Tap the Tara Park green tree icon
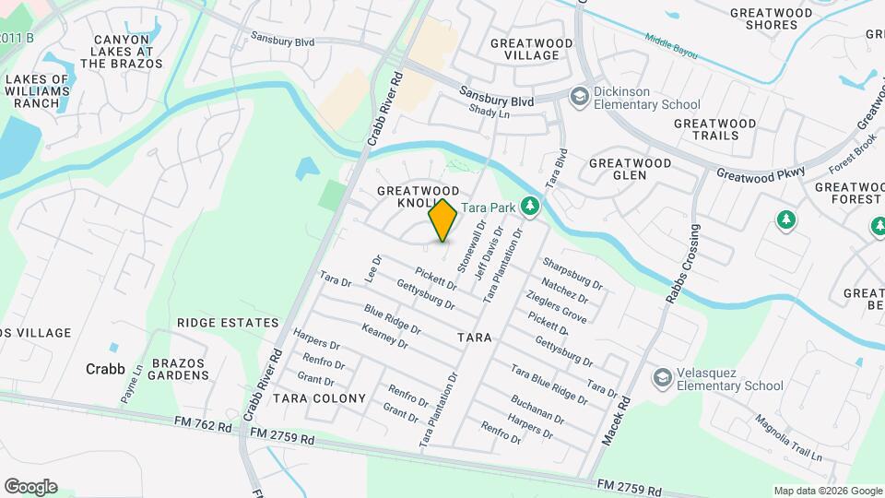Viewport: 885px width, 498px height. coord(529,206)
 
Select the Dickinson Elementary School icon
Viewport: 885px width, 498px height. coord(579,97)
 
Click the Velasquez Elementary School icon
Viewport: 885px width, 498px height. coord(661,377)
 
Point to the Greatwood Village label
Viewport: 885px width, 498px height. coord(525,49)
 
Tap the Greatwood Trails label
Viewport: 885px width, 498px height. coord(714,129)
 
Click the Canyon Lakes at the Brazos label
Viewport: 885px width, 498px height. coord(123,52)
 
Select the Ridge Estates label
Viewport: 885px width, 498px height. coord(228,323)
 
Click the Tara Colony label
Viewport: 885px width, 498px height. coord(319,398)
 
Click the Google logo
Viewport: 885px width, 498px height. coord(30,487)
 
